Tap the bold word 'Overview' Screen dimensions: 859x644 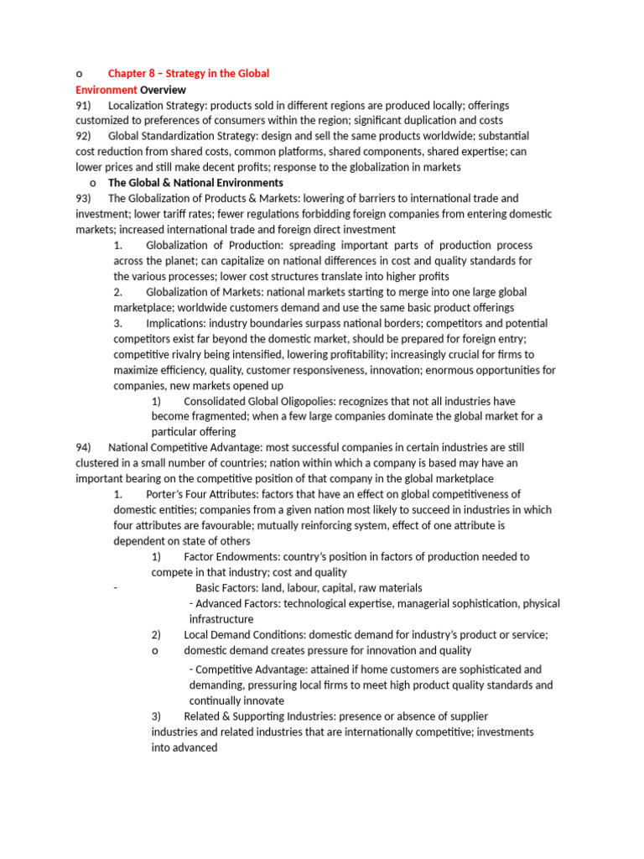pyautogui.click(x=163, y=90)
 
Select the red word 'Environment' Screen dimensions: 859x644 pyautogui.click(x=106, y=90)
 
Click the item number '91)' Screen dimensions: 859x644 pyautogui.click(x=83, y=106)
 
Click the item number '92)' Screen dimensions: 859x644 pyautogui.click(x=83, y=136)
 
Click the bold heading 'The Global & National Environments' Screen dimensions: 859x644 pyautogui.click(x=195, y=183)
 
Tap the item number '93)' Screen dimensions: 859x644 pyautogui.click(x=83, y=199)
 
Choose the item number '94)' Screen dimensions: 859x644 pyautogui.click(x=83, y=447)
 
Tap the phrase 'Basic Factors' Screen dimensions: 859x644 pyautogui.click(x=226, y=588)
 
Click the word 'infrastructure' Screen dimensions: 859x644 pyautogui.click(x=221, y=619)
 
